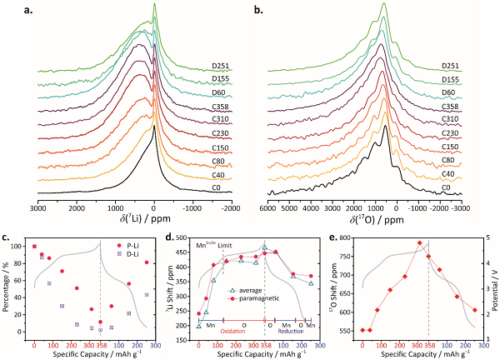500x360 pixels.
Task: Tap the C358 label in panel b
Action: [x=470, y=106]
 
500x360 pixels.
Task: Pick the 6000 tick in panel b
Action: [x=269, y=206]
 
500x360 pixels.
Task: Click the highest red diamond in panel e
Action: [x=420, y=242]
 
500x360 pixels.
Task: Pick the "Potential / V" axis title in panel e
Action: [x=496, y=287]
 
